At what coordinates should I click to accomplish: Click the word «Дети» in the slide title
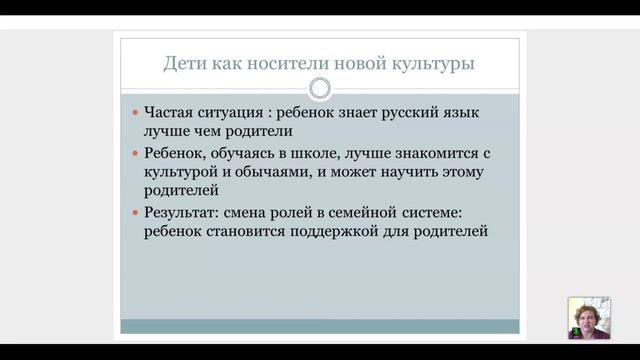(x=184, y=65)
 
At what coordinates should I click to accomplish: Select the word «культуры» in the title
(x=431, y=65)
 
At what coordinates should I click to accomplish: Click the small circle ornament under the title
(x=320, y=89)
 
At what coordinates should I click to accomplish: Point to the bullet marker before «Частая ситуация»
(x=136, y=114)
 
